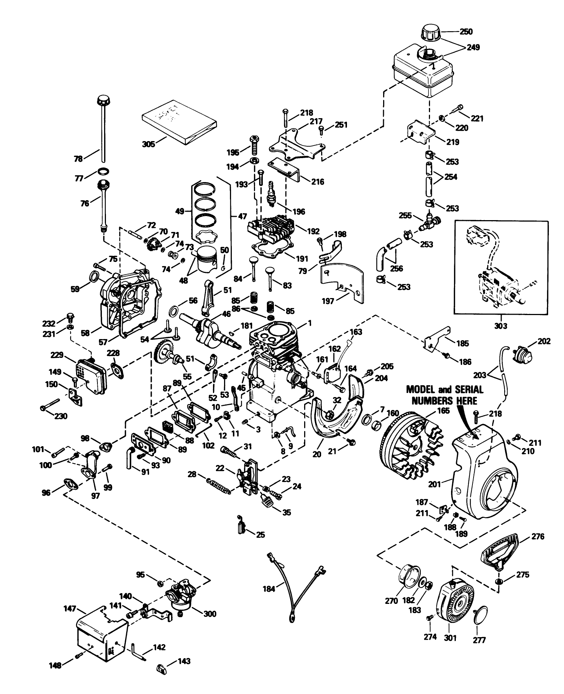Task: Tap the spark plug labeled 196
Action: coord(273,194)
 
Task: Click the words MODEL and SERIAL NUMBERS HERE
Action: coord(444,395)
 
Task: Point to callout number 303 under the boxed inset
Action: coord(501,326)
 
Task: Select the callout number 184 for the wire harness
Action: coord(269,589)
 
